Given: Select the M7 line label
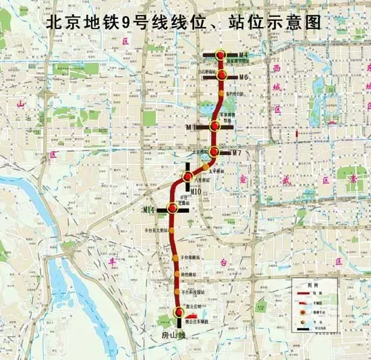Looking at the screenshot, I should point(236,153).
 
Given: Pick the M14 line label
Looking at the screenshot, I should point(150,210).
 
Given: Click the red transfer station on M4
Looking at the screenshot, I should point(221,54).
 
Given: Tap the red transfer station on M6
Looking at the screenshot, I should point(221,76).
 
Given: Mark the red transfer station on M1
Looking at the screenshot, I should point(215,125).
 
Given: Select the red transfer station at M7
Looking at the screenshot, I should point(214,152).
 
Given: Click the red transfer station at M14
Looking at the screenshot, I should point(173,209).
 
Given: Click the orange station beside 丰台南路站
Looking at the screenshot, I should point(175,258).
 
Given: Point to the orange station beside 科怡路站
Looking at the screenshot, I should point(177,275).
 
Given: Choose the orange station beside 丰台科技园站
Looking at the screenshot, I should point(179,293).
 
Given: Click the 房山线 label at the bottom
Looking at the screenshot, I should point(173,334).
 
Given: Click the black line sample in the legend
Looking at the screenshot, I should point(304,328).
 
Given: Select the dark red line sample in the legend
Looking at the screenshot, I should point(304,294).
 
